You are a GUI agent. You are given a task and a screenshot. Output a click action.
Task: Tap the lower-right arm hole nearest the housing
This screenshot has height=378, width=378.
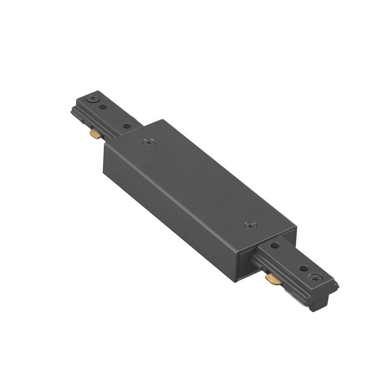[x=275, y=246]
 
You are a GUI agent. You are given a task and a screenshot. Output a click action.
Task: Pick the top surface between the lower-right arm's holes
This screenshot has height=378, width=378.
[x=289, y=257]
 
